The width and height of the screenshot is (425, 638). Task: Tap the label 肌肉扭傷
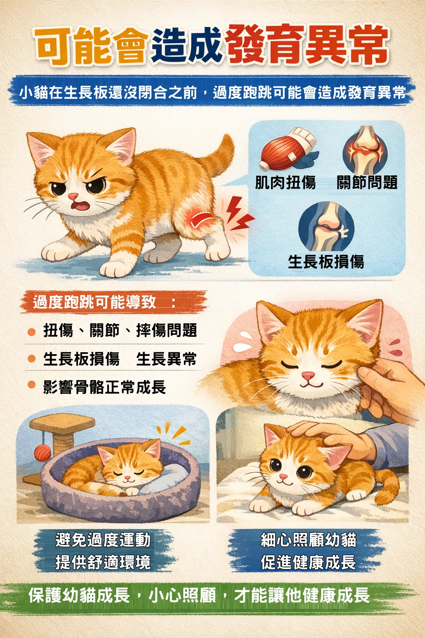coord(285,182)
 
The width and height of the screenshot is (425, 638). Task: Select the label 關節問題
coord(367,182)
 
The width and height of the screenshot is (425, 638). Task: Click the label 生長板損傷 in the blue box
coord(326,261)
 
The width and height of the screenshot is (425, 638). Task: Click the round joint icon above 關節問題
coord(365,150)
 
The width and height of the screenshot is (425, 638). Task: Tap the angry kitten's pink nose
coord(73,196)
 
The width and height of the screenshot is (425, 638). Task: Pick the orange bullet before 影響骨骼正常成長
coord(32,385)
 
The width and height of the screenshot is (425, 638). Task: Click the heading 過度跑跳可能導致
coord(95,302)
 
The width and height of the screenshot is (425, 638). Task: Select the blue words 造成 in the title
coord(186,46)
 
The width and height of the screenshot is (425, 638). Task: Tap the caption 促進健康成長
coord(308,562)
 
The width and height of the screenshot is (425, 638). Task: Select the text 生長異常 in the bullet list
coord(166,358)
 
